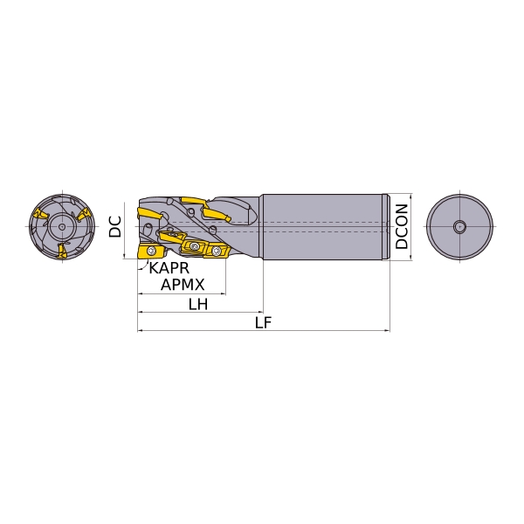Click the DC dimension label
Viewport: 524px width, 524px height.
coord(115,226)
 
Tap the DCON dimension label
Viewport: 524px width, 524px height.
coord(402,226)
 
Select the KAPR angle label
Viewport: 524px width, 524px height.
coord(169,268)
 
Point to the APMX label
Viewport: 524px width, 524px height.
coord(183,285)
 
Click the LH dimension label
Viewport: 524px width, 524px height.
coord(198,305)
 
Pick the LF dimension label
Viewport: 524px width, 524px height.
coord(264,323)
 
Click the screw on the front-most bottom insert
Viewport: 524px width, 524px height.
coord(152,251)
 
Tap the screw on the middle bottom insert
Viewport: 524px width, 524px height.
coord(195,246)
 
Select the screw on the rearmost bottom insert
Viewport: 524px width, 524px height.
coord(217,251)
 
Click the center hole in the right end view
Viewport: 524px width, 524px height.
coord(460,226)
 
